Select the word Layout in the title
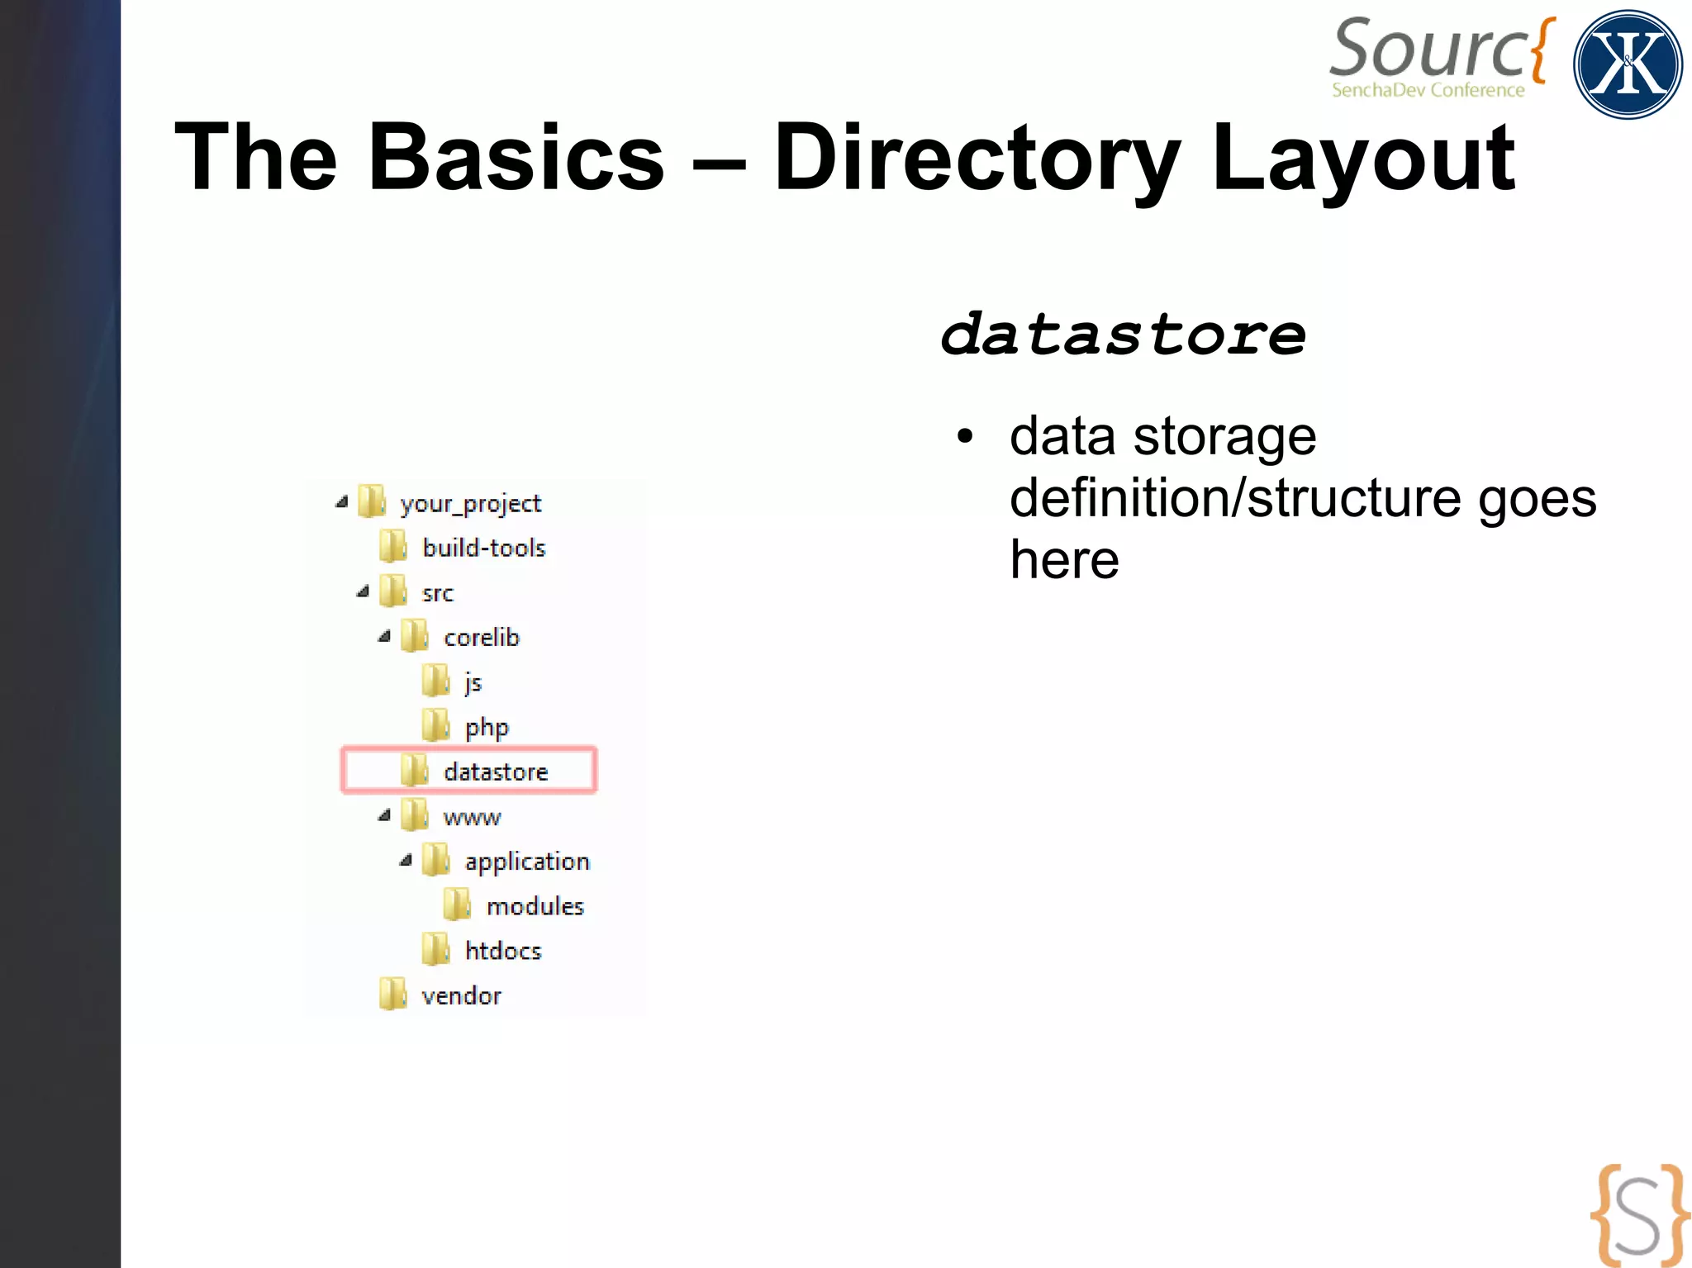tap(1362, 157)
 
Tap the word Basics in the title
tap(516, 157)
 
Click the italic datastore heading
tap(1123, 335)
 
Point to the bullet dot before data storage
tap(965, 436)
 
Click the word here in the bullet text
tap(1064, 560)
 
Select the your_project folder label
tap(470, 503)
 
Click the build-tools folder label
tap(484, 548)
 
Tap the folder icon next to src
tap(393, 591)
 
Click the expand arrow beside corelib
tap(384, 636)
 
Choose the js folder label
tap(473, 682)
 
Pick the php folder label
tap(487, 728)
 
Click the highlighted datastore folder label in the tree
tap(496, 772)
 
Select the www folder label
tap(472, 817)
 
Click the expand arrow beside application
tap(406, 860)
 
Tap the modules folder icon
tap(457, 905)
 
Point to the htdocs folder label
tap(503, 951)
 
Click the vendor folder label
tap(461, 995)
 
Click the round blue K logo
tap(1627, 64)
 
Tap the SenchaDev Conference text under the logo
tap(1428, 90)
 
